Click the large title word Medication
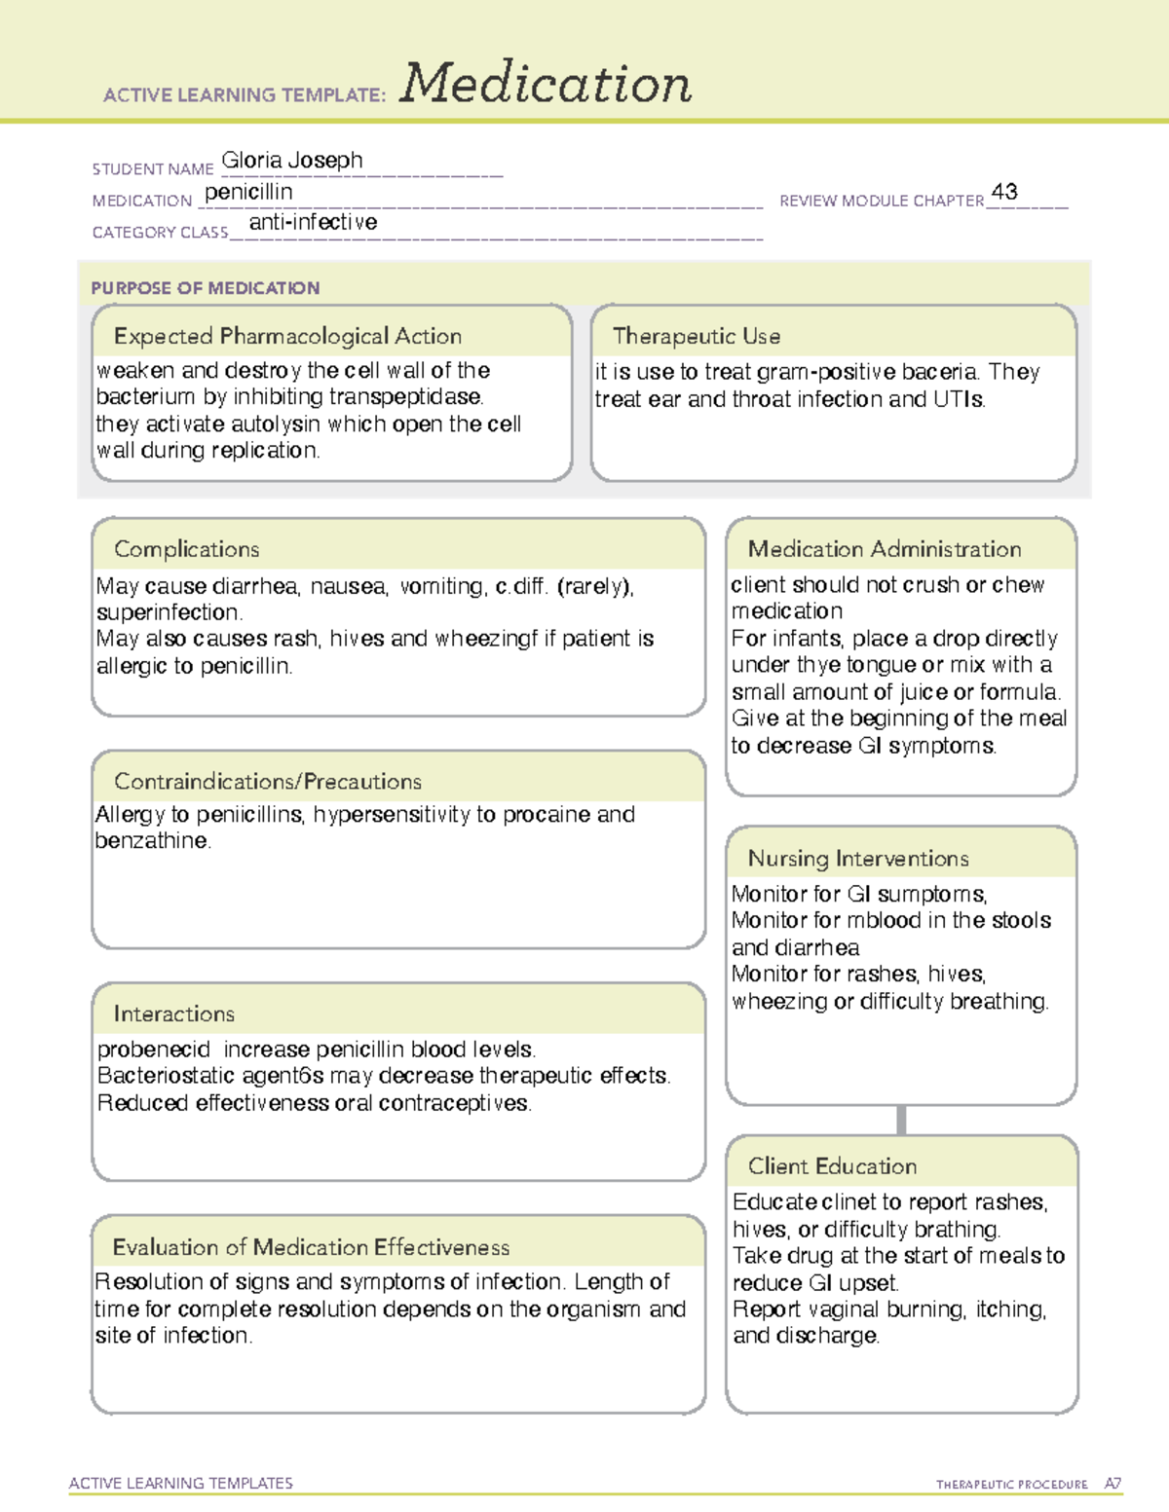coord(546,84)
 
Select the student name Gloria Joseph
coord(292,161)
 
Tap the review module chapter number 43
coord(1004,192)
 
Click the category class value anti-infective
coord(313,222)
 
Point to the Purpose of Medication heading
coord(205,288)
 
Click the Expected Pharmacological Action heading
coord(287,336)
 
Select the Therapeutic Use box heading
coord(697,336)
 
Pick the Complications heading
coord(186,549)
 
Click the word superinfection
coord(169,612)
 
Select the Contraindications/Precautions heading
coord(268,782)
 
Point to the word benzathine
coord(151,841)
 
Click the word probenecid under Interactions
coord(154,1050)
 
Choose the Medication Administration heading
coord(885,549)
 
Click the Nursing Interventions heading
coord(858,859)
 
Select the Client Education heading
coord(832,1166)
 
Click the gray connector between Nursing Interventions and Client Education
coord(901,1120)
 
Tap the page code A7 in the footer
coord(1112,1484)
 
